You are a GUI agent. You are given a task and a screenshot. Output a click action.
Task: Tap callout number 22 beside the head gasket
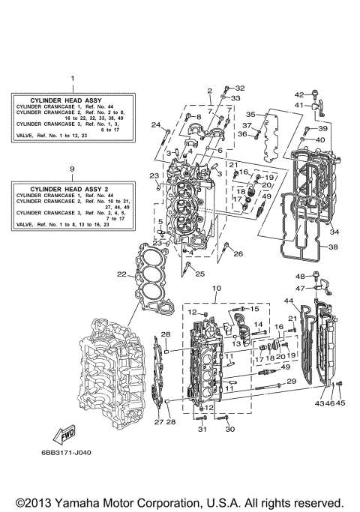click(x=121, y=275)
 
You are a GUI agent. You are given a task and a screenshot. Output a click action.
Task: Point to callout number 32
click(x=240, y=88)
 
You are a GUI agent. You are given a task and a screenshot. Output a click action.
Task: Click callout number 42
click(x=298, y=94)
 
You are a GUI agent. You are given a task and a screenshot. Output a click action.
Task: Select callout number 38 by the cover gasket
click(x=333, y=247)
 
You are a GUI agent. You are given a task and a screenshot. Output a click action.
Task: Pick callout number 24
click(x=155, y=124)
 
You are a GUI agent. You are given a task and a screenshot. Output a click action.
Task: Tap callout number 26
click(x=238, y=254)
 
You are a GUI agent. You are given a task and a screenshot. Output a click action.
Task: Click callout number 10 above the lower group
click(x=217, y=289)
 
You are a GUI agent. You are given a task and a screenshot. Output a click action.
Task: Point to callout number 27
click(x=158, y=423)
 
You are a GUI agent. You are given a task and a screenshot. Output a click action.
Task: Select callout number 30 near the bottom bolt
click(x=230, y=429)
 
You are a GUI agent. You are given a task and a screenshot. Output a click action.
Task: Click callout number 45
click(x=341, y=403)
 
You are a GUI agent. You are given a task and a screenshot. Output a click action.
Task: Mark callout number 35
click(x=251, y=115)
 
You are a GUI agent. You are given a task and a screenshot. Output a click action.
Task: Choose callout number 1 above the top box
click(x=72, y=79)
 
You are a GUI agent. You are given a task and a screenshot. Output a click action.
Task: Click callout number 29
click(x=292, y=382)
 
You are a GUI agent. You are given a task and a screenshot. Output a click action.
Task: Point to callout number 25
click(x=200, y=274)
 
